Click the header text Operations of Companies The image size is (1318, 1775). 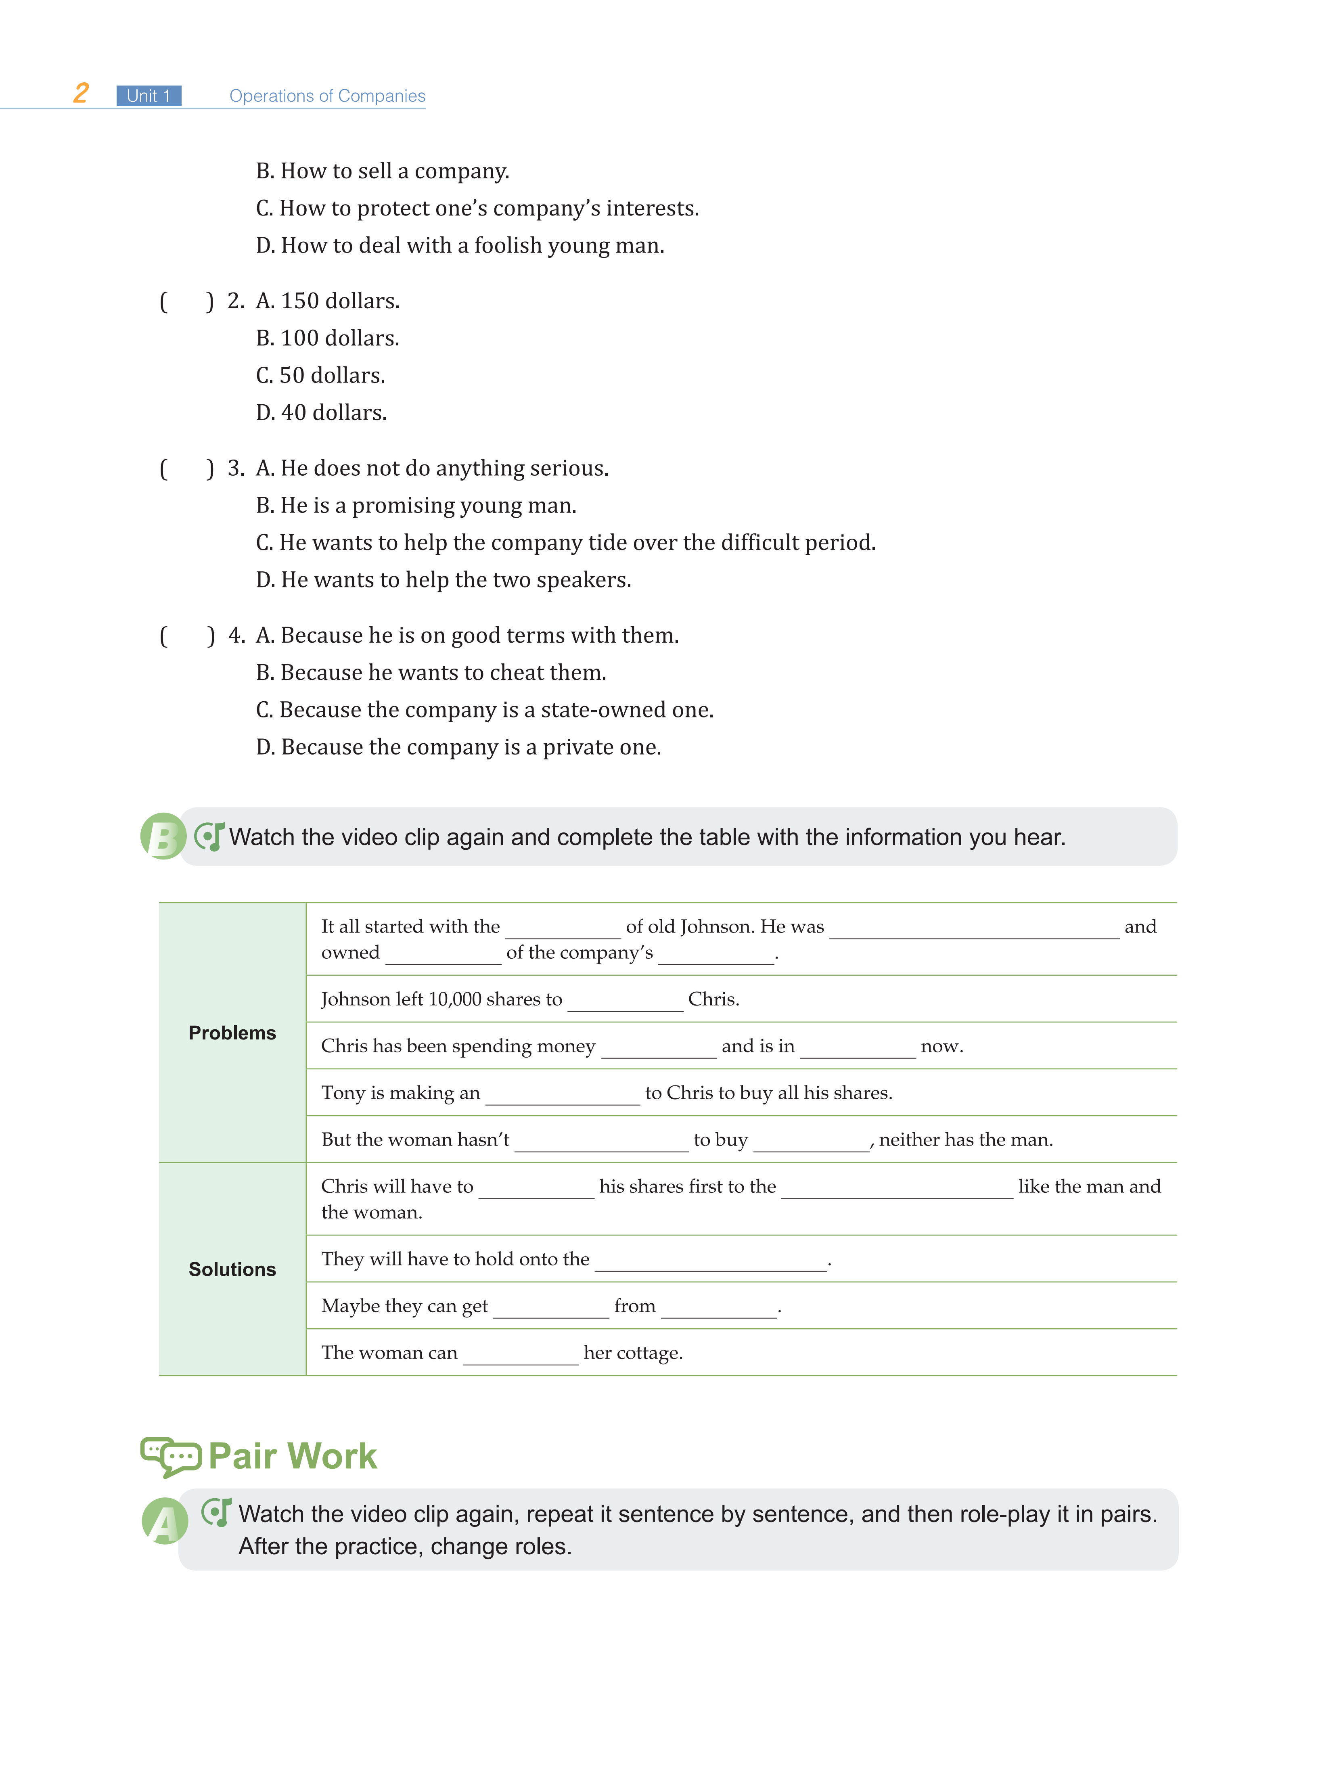click(x=327, y=96)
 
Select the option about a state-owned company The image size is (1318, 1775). click(x=484, y=710)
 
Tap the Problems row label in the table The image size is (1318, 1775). click(x=232, y=1033)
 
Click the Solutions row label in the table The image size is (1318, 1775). click(x=232, y=1269)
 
